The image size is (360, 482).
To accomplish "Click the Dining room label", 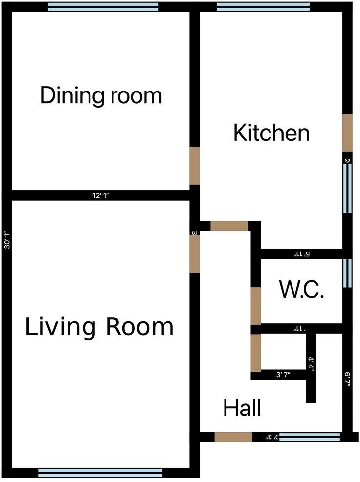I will coord(101,95).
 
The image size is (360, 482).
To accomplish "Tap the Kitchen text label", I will coord(271,133).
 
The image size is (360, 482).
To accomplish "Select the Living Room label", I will coord(99,327).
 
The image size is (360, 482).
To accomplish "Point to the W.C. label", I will coord(302,290).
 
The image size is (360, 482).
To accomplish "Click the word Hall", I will coord(242,408).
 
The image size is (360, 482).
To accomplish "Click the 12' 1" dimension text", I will coord(100,196).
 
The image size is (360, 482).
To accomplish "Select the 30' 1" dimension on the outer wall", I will coord(6,240).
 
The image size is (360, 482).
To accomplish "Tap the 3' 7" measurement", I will coord(283,375).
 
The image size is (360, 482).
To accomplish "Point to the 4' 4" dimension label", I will coord(311,365).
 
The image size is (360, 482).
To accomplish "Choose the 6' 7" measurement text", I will coord(347,379).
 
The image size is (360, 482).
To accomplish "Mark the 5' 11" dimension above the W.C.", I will coord(301,254).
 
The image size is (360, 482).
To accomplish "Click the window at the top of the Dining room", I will coord(103,6).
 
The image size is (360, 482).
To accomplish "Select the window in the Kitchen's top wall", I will coord(263,6).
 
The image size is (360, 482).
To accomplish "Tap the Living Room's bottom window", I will coord(100,472).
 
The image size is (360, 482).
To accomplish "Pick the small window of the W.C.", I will coord(347,273).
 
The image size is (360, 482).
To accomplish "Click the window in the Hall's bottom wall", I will coord(310,437).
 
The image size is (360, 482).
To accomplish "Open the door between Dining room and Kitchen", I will coord(194,166).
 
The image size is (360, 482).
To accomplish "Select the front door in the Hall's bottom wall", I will coord(233,437).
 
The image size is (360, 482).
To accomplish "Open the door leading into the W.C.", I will coord(255,306).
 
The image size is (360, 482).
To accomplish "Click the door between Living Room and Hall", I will coord(194,252).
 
